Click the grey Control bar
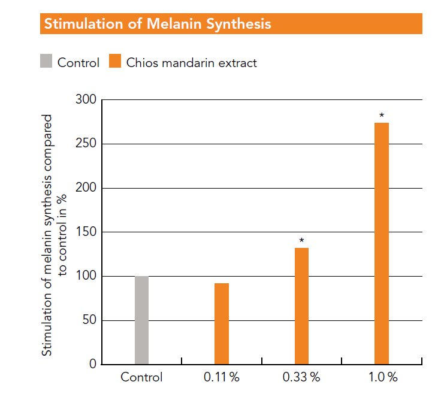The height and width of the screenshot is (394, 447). [x=141, y=320]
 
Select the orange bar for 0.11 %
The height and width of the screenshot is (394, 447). [x=222, y=323]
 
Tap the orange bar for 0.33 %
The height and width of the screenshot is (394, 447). [x=301, y=306]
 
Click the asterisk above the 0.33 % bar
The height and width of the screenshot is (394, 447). [x=301, y=241]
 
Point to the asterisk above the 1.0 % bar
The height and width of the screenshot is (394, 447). [x=382, y=116]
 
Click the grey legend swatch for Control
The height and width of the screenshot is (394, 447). [x=46, y=61]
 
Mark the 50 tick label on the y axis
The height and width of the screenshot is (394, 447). [x=89, y=320]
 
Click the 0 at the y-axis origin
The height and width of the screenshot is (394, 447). [x=93, y=364]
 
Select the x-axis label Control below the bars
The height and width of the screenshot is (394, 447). [x=141, y=378]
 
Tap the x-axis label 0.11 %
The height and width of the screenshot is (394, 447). [x=222, y=378]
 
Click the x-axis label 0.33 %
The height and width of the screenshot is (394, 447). [x=301, y=378]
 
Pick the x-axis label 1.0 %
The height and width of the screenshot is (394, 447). [x=382, y=378]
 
